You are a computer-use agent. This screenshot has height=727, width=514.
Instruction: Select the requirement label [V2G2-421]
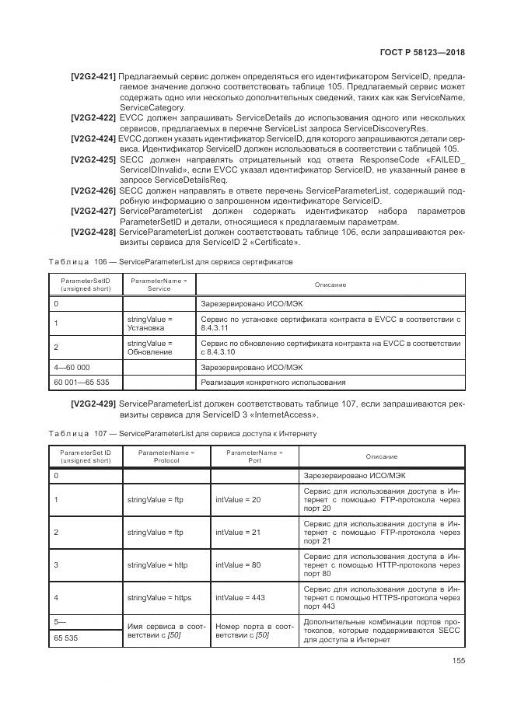[93, 76]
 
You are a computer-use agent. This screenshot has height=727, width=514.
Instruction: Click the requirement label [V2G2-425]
[93, 159]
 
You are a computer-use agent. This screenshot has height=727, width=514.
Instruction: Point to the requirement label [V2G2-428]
[93, 232]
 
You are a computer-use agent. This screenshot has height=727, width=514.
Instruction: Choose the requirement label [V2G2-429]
[93, 404]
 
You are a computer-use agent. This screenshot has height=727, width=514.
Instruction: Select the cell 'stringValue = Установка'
[149, 323]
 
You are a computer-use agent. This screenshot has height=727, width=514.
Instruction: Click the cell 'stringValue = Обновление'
[149, 348]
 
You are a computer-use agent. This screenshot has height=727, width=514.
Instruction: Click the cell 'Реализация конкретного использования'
[273, 382]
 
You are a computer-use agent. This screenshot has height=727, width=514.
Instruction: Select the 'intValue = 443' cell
[238, 597]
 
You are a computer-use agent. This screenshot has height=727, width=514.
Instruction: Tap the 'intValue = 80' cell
[238, 564]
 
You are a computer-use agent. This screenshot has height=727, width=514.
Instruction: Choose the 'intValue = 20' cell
[238, 498]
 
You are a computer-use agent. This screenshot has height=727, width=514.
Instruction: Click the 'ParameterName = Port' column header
[254, 456]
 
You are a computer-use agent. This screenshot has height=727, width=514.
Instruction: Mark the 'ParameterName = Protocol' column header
[166, 456]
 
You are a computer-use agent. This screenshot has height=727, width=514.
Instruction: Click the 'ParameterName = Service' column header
[159, 284]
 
